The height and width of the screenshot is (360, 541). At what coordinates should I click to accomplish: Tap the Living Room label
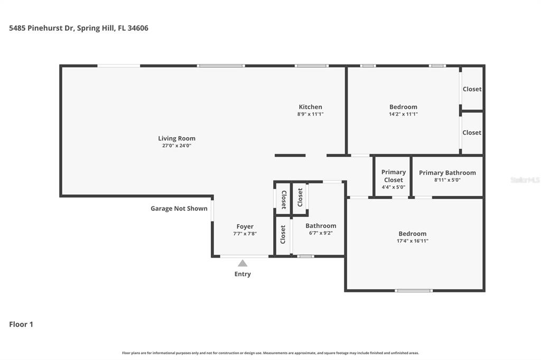click(176, 139)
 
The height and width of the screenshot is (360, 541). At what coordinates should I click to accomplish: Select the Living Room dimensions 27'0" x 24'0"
click(176, 146)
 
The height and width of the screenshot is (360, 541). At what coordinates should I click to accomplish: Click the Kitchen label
click(310, 107)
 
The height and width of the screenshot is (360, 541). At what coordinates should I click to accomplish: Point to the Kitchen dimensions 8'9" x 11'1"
click(310, 114)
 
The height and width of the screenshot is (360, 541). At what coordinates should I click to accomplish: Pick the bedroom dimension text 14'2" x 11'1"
click(403, 114)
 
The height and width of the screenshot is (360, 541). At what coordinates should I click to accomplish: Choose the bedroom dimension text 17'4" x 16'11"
click(413, 241)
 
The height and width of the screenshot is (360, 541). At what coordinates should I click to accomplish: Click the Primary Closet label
click(394, 176)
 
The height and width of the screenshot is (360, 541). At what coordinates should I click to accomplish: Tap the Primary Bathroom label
click(447, 173)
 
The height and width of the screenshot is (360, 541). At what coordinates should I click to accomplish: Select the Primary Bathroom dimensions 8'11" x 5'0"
click(447, 179)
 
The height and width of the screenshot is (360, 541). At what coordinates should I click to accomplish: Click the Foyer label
click(245, 226)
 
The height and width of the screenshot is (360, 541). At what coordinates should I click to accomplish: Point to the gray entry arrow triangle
click(242, 263)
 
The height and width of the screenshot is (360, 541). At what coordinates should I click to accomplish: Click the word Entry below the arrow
click(242, 274)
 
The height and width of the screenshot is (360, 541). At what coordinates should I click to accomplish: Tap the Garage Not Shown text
click(179, 209)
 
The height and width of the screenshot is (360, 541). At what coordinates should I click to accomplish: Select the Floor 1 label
click(21, 324)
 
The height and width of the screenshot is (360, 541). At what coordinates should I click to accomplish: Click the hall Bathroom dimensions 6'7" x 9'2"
click(320, 233)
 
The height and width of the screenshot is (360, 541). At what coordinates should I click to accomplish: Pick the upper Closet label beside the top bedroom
click(472, 89)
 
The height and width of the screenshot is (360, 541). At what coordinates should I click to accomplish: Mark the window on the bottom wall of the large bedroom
click(414, 290)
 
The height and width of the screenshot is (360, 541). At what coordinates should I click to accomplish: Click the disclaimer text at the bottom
click(270, 353)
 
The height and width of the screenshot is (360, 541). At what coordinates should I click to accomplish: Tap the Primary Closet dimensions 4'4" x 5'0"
click(394, 187)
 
